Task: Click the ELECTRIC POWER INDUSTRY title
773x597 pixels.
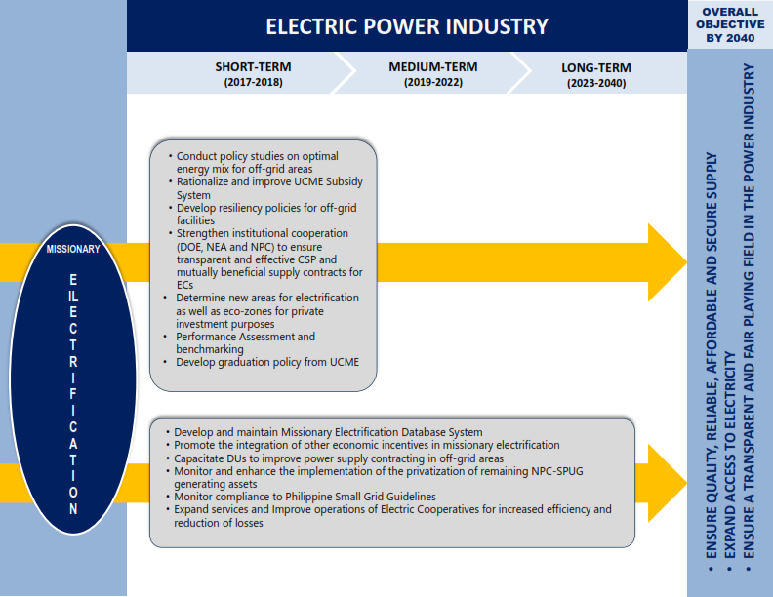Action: tap(407, 26)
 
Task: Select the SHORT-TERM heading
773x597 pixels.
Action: tap(253, 67)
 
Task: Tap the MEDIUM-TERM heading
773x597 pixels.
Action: tap(432, 67)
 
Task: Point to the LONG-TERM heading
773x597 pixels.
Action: tap(596, 67)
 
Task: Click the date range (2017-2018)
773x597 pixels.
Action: tap(253, 82)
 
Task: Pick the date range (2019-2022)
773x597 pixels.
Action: tap(432, 82)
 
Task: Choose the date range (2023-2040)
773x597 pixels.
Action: tap(596, 83)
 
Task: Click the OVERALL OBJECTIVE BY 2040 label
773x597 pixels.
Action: tap(730, 24)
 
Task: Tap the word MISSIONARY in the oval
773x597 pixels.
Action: tap(73, 249)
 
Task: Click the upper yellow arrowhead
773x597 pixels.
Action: tap(667, 262)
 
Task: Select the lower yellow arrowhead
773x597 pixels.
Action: tap(667, 483)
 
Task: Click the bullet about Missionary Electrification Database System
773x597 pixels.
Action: tap(324, 432)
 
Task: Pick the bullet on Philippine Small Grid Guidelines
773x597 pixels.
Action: tap(302, 497)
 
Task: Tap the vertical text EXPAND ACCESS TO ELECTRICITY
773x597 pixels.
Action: tap(730, 456)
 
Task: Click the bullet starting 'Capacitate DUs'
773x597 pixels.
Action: tap(335, 458)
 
